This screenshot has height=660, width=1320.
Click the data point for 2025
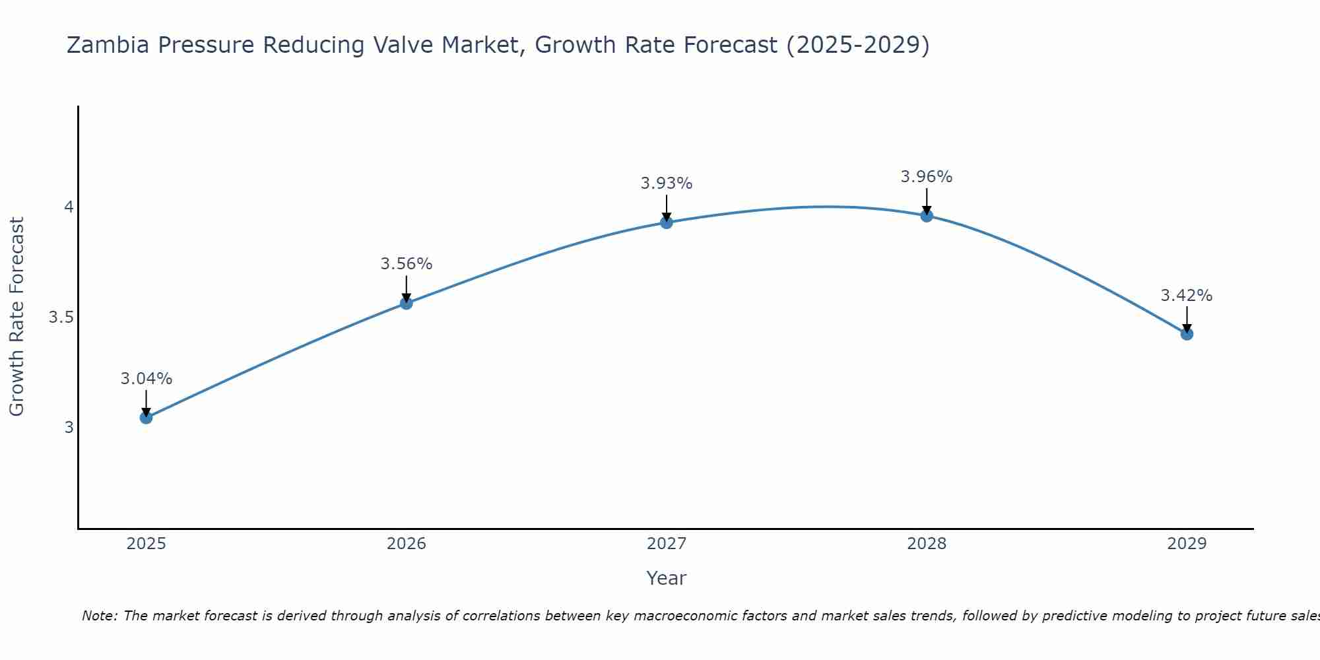point(146,418)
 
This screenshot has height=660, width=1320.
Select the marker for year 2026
point(407,304)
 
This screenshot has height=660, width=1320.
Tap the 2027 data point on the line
point(667,222)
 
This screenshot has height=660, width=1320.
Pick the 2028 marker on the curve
point(927,216)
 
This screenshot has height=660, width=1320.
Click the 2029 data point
point(1187,334)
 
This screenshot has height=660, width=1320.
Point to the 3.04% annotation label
point(146,379)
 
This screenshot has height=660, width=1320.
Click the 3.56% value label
point(407,264)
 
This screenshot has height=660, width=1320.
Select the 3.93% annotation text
point(667,183)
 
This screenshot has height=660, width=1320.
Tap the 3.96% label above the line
point(927,177)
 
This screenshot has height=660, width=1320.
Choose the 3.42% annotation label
point(1187,296)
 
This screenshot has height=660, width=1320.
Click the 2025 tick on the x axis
point(146,544)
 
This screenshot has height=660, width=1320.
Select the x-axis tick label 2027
point(667,544)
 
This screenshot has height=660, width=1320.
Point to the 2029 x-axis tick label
point(1187,544)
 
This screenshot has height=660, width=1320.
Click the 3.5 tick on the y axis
point(61,317)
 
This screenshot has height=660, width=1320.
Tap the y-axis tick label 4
point(69,207)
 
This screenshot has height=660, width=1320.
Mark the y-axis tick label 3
point(69,428)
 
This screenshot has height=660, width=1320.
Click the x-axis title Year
point(667,578)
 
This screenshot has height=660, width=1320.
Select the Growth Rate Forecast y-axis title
point(16,317)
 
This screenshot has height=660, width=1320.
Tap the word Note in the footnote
point(99,616)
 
